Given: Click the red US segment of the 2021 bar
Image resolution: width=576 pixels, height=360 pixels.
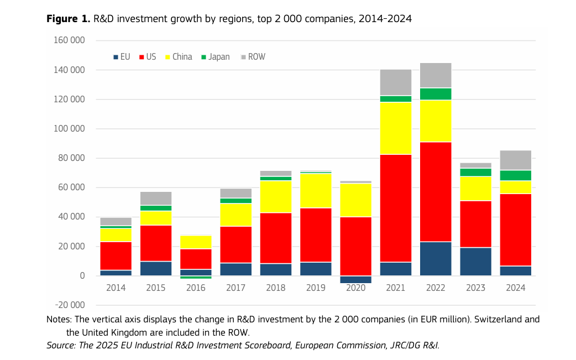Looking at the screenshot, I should tap(396, 208).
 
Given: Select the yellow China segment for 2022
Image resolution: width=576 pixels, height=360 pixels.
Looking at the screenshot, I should tap(436, 121).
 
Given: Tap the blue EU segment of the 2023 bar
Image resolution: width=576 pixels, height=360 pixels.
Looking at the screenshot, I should tap(475, 261).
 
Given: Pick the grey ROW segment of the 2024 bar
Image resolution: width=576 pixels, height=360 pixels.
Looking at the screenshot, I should tap(515, 160).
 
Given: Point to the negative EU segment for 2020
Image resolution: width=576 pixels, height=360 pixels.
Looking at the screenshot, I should tap(356, 279).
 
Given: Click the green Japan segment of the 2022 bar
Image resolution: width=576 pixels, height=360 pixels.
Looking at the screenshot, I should tap(436, 93).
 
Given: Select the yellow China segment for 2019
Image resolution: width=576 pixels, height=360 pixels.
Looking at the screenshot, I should tap(316, 190).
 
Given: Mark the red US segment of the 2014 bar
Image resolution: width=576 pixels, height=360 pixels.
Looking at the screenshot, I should tap(116, 255).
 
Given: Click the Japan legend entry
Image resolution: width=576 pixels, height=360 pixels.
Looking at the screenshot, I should tap(215, 57).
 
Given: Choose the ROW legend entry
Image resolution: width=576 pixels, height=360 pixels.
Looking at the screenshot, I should tap(253, 57).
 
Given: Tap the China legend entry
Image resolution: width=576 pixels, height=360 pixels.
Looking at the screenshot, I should tap(179, 57).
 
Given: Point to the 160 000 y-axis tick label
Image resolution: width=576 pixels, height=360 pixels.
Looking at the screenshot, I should tap(70, 41).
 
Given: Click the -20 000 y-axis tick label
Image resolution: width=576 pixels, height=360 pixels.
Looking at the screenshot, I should tap(70, 305).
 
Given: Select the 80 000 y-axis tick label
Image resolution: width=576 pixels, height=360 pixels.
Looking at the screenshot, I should tap(72, 159).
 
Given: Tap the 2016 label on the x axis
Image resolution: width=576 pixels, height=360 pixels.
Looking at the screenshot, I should tap(196, 288).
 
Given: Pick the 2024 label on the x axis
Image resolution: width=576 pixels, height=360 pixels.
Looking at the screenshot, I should tap(515, 288).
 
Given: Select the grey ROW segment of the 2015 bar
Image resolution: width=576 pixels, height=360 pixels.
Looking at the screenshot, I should tap(156, 198).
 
